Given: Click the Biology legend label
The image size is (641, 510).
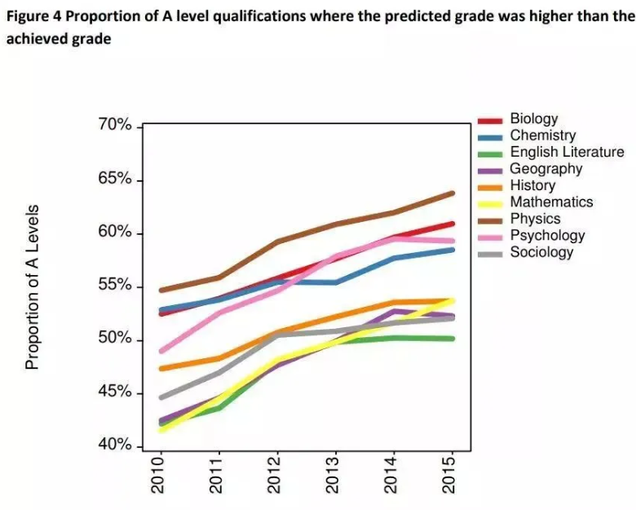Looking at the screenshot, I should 533,119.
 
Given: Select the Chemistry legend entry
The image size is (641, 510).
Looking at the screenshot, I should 542,135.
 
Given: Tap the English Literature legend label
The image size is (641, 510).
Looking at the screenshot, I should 567,152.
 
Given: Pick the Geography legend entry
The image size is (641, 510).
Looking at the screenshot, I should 546,169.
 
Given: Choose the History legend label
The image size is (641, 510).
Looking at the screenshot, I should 533,185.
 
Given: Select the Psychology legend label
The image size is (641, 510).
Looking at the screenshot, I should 547,236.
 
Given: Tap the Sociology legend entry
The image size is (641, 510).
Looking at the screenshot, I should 542,252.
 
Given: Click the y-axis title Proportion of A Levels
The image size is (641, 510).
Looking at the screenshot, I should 33,286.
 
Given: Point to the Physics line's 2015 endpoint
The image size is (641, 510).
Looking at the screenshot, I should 452,193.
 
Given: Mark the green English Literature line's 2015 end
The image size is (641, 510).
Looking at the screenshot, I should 452,339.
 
